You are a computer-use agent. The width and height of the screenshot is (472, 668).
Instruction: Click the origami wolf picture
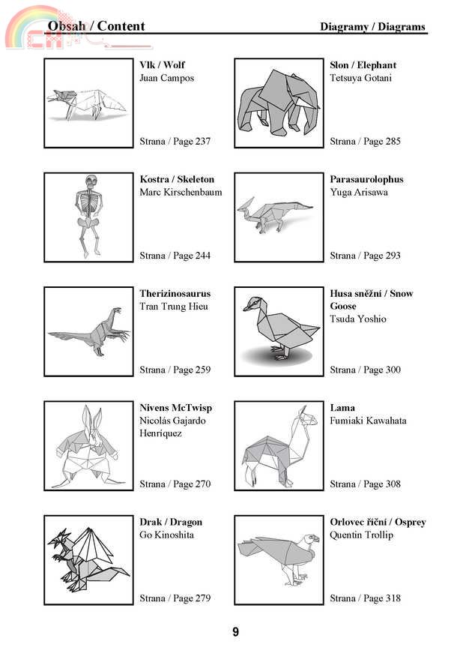point(88,103)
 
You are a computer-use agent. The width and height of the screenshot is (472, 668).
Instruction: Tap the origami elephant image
point(278,103)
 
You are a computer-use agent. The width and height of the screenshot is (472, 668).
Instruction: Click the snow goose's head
point(254,304)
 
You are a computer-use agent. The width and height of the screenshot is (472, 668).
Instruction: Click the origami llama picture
point(278,446)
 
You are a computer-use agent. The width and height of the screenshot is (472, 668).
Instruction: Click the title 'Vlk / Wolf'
point(162,65)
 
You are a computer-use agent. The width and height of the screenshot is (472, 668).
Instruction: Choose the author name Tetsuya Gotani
point(360,78)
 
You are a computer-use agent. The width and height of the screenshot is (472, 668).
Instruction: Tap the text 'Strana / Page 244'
point(175,256)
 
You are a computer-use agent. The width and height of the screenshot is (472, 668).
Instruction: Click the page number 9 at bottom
point(235,632)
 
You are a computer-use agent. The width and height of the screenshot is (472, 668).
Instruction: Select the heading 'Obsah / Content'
point(96,26)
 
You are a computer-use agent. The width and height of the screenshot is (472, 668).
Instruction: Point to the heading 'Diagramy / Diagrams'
point(372,27)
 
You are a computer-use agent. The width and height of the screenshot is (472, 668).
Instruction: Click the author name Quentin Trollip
point(361,535)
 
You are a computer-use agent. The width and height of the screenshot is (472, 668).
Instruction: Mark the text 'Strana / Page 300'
point(365,370)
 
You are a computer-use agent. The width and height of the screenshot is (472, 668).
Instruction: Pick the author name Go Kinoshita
point(166,535)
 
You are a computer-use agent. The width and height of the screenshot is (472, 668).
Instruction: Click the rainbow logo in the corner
point(30,26)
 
